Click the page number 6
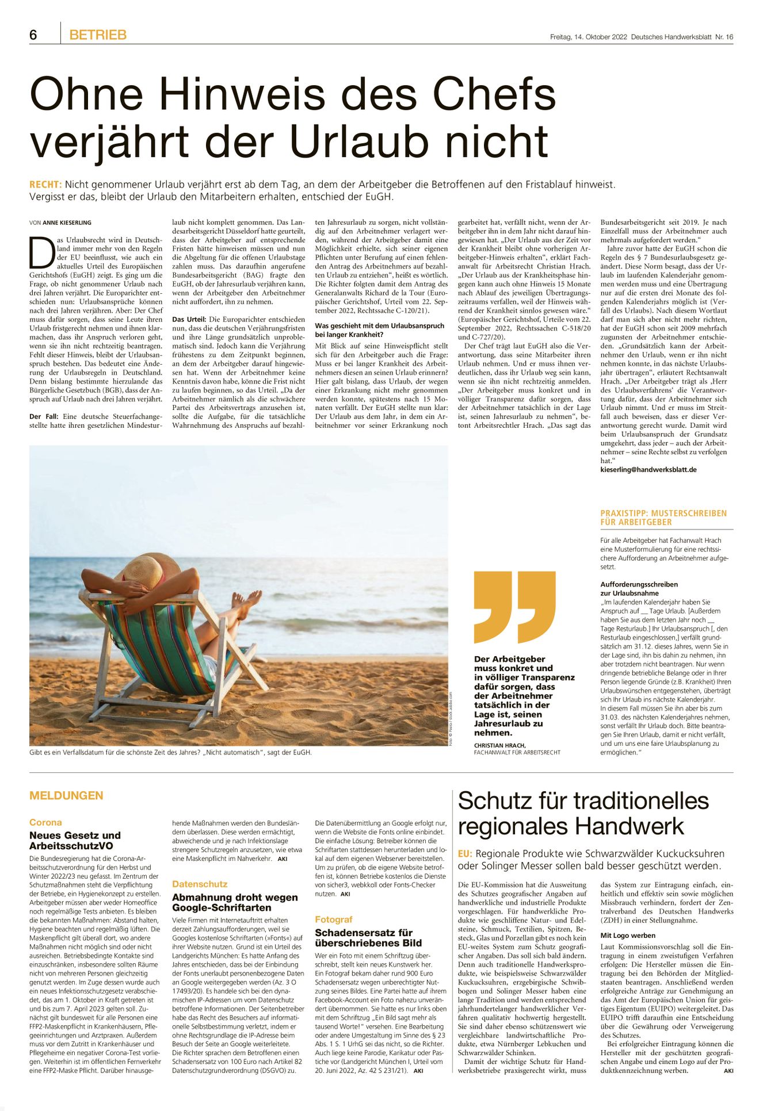coord(33,35)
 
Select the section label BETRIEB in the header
coord(98,35)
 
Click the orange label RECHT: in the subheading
coord(45,185)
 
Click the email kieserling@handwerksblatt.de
coord(648,469)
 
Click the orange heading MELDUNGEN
coord(66,795)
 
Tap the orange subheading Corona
coord(45,822)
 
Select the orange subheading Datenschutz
coord(200,884)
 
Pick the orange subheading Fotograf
coord(334,919)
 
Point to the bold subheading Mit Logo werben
coord(628,936)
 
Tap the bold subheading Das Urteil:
coord(189,319)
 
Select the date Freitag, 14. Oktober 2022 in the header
coord(588,37)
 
